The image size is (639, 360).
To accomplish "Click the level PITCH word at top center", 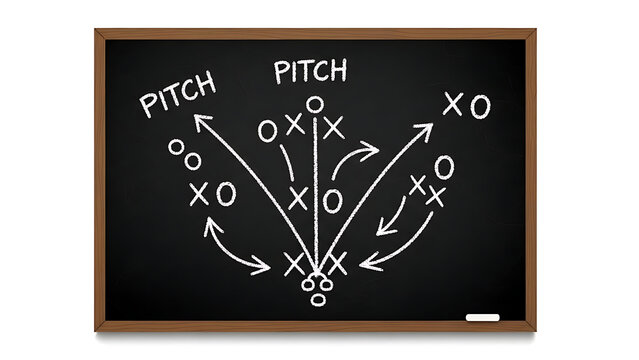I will (x=310, y=71).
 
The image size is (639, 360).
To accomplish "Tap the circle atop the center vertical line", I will (x=315, y=104).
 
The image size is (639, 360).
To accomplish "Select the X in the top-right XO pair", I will (x=453, y=103).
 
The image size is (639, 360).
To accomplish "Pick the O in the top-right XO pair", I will (x=480, y=105).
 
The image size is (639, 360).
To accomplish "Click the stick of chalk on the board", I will (x=482, y=317).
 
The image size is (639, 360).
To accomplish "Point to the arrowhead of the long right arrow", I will (x=426, y=130).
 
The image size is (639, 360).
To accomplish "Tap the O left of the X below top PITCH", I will (x=267, y=131).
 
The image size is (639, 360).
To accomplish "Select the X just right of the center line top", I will (x=334, y=128).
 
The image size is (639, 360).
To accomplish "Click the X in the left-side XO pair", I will (x=200, y=193).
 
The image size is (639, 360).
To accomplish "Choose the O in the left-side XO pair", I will (x=226, y=193).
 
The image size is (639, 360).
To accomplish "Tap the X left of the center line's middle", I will (x=297, y=198).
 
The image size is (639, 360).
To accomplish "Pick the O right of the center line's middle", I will (x=333, y=201).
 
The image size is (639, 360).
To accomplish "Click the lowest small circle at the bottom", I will (x=319, y=299).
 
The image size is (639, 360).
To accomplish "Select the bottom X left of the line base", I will (x=293, y=264).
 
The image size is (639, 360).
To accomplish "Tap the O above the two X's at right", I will (x=444, y=166).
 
